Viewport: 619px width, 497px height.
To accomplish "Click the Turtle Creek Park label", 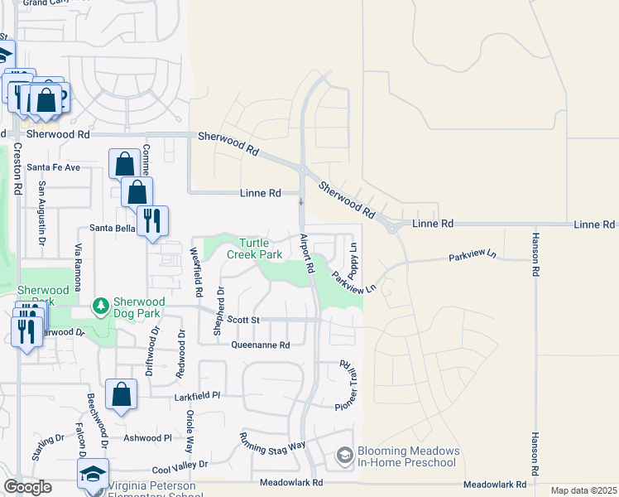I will click(261, 248).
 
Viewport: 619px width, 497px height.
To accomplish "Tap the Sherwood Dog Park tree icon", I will click(101, 307).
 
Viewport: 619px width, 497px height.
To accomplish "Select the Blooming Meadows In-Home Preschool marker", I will click(344, 456).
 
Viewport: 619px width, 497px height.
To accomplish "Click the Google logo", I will click(27, 488).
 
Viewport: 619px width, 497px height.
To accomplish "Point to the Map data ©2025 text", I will click(583, 490).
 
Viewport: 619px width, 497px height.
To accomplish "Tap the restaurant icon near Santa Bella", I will click(151, 220).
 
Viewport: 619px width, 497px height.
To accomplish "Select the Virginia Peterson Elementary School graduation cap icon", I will click(93, 475).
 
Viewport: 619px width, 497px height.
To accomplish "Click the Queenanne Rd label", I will click(261, 345).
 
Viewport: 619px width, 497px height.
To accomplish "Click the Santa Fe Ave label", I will click(54, 167).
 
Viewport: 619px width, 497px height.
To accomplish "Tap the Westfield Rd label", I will click(197, 273).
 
